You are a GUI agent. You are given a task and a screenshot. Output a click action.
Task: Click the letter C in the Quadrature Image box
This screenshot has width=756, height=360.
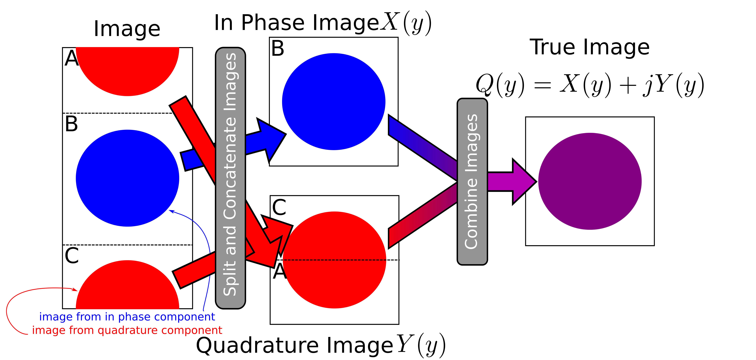(x=279, y=207)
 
